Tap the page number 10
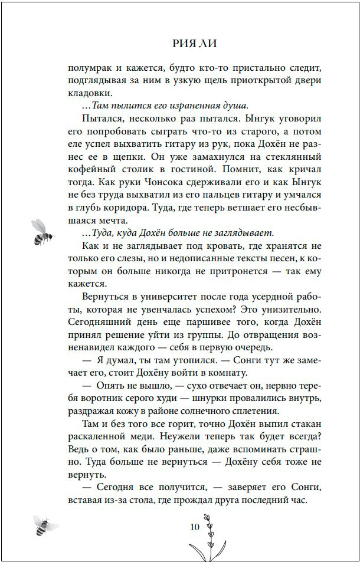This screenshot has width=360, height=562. [x=195, y=527]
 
